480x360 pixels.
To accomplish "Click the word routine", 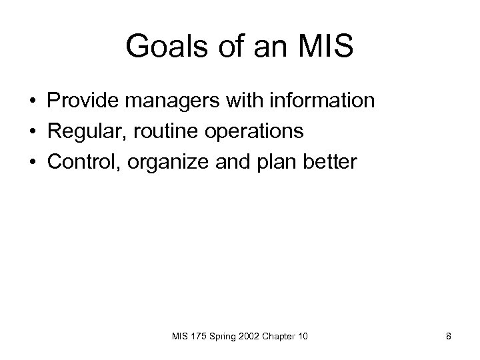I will pyautogui.click(x=164, y=131).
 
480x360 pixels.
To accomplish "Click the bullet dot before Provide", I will pyautogui.click(x=31, y=102).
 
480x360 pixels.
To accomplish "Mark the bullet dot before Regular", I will pyautogui.click(x=31, y=132).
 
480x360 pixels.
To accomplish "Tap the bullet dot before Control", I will pyautogui.click(x=31, y=162).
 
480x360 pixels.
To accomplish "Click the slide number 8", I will pyautogui.click(x=449, y=337).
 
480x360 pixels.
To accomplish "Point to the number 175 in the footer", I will pyautogui.click(x=199, y=337).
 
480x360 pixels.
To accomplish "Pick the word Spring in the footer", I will pyautogui.click(x=223, y=337).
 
